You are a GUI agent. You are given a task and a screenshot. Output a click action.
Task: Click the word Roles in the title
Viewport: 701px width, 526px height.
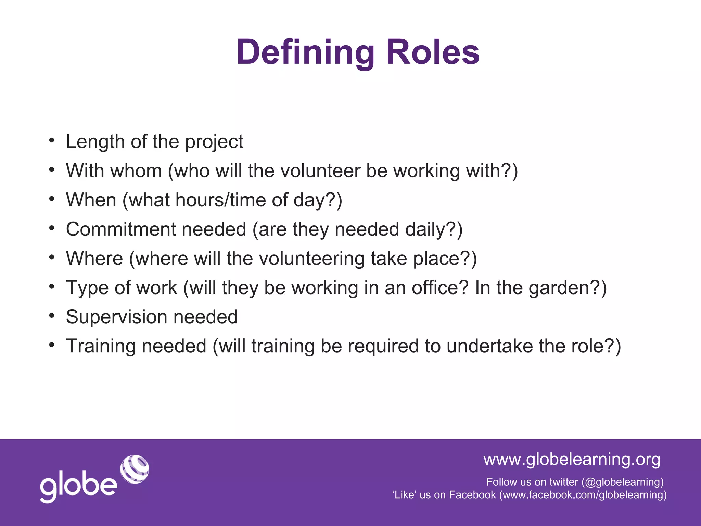[433, 52]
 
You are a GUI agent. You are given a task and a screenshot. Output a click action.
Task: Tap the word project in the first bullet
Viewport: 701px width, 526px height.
[214, 142]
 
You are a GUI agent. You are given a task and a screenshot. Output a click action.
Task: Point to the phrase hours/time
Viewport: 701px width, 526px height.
[220, 200]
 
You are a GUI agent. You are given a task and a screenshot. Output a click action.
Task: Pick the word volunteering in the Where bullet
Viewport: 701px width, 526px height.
[311, 259]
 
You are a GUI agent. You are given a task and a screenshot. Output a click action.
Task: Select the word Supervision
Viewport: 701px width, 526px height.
[116, 317]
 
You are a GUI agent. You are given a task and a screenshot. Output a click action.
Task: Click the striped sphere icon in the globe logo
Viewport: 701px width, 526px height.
[135, 469]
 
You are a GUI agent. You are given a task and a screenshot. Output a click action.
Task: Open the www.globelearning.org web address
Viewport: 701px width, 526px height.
[572, 459]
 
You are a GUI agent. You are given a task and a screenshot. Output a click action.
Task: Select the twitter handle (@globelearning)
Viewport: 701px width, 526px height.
[622, 482]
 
